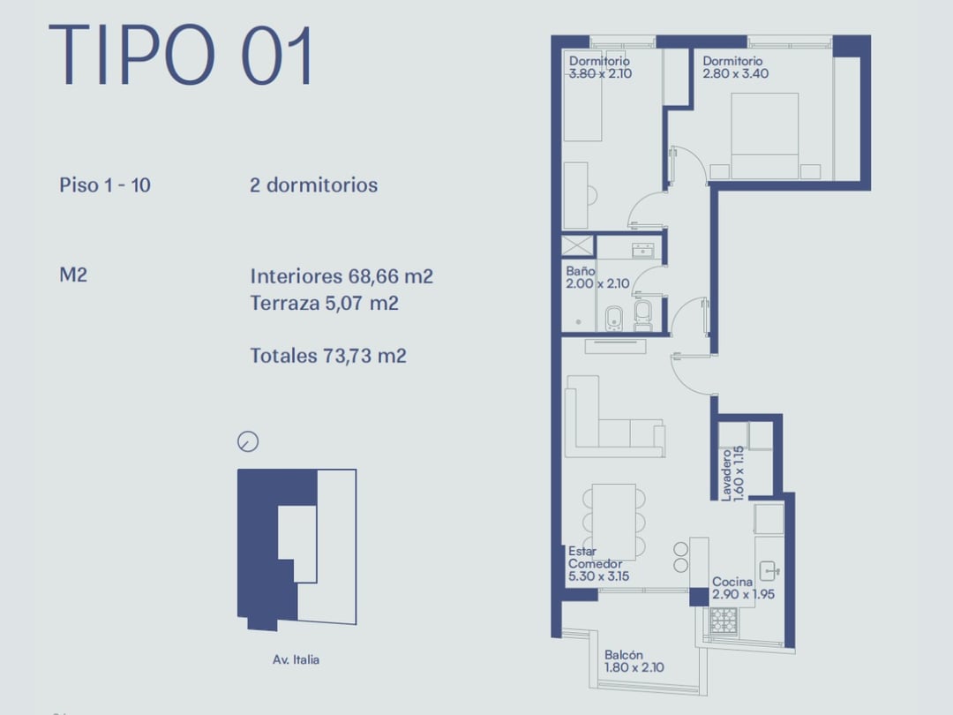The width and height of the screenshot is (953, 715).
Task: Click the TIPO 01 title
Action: (x=181, y=55)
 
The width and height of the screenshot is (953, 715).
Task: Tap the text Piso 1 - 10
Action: (x=104, y=184)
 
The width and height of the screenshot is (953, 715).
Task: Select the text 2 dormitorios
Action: (x=313, y=184)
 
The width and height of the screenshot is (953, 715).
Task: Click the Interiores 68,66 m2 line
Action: (x=341, y=276)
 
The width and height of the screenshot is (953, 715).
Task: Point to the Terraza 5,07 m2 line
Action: (x=325, y=303)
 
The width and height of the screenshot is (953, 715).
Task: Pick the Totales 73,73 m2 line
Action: (x=328, y=356)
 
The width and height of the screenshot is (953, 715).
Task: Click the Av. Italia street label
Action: (x=296, y=659)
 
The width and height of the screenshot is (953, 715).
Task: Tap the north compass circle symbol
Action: (x=248, y=441)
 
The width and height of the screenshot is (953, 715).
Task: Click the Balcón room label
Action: (x=624, y=655)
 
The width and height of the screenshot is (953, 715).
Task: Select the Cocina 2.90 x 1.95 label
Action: (x=743, y=588)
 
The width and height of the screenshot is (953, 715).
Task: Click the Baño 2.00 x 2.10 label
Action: (x=597, y=277)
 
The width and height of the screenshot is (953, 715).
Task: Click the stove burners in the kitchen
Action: (x=724, y=621)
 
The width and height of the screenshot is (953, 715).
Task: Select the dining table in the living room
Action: (x=614, y=522)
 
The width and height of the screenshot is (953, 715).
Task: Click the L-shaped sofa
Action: (x=614, y=417)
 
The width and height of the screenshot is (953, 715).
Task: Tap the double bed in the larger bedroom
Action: (x=764, y=136)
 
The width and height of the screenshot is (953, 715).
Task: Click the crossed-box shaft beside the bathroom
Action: (x=577, y=245)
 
